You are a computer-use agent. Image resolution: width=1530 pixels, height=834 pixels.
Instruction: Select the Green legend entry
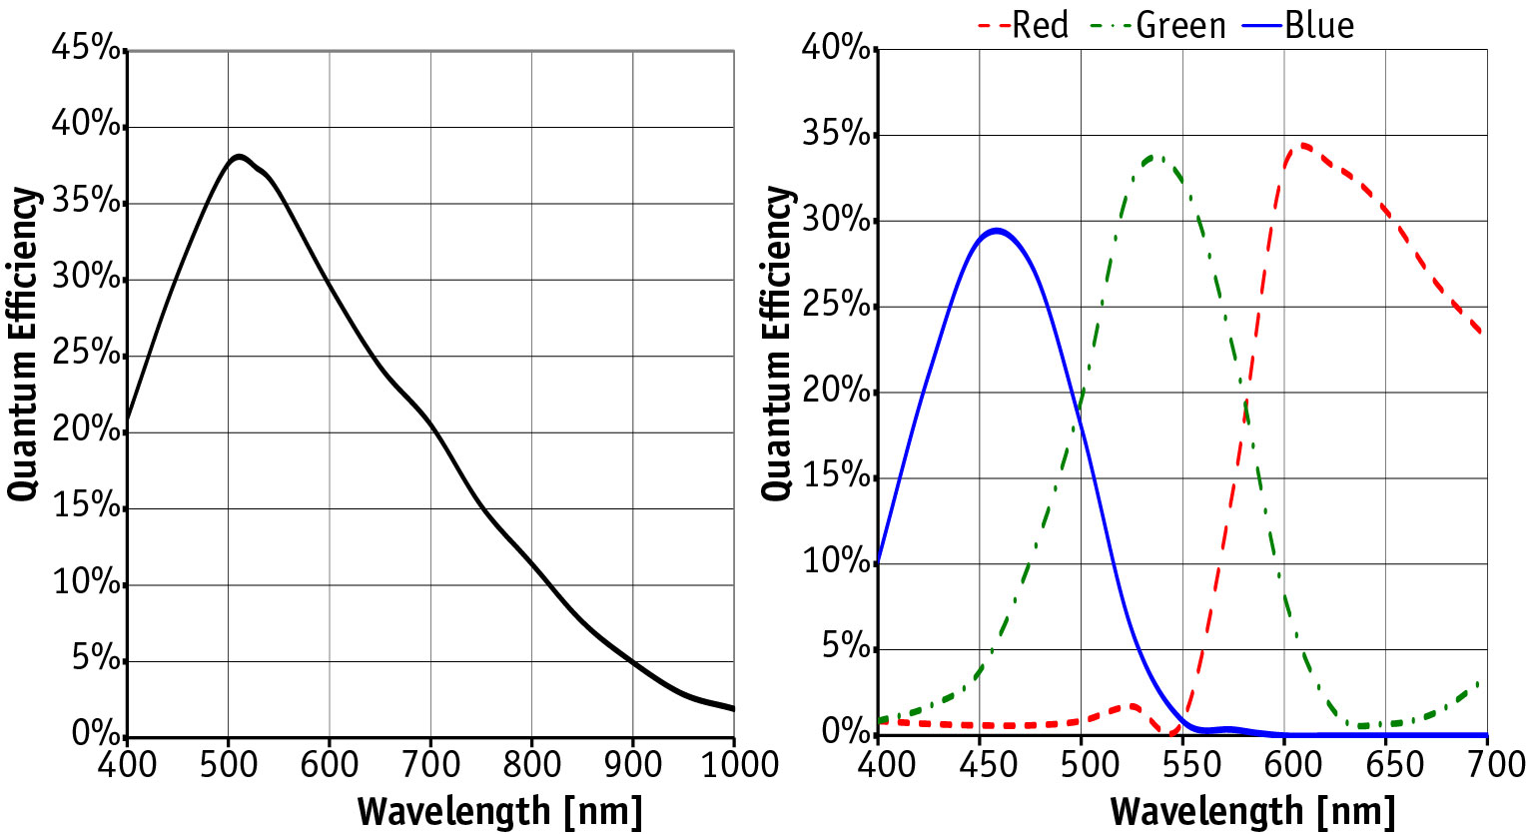(x=1180, y=25)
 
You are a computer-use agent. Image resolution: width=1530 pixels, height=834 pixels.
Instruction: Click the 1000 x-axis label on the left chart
(x=734, y=765)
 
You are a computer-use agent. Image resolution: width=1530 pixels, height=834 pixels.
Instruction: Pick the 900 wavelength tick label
(x=632, y=765)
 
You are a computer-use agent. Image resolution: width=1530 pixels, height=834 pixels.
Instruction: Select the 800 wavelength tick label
(x=531, y=765)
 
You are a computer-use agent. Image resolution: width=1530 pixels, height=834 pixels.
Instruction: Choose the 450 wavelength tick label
(x=980, y=765)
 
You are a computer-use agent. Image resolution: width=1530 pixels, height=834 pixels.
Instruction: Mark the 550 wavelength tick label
(x=1182, y=765)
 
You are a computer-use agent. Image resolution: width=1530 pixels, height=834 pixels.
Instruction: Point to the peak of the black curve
(x=239, y=156)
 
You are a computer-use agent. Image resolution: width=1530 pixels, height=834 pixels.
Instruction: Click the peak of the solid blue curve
(x=996, y=230)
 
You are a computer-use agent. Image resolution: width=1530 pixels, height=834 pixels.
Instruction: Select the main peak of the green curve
(x=1156, y=156)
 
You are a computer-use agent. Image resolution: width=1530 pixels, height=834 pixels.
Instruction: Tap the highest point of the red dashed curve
(x=1301, y=145)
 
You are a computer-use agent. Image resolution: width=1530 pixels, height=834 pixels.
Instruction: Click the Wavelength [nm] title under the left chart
(x=499, y=811)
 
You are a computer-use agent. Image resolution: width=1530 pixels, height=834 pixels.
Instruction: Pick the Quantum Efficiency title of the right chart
(x=777, y=343)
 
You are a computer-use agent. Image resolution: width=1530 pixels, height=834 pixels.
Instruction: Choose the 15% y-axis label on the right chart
(x=836, y=475)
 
